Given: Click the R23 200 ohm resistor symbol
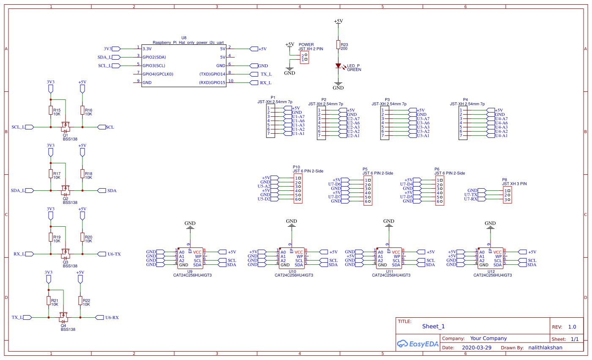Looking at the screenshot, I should tap(338, 45).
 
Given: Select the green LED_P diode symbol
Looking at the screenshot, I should tap(338, 66).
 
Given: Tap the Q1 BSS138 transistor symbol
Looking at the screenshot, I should tap(66, 126).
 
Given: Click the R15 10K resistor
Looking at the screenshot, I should tap(51, 110).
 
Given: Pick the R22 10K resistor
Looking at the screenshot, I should tap(80, 301).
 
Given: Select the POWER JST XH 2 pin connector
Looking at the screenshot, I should tap(304, 58).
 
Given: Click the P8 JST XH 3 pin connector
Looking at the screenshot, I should tap(507, 195).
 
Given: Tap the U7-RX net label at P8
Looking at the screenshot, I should tap(471, 199).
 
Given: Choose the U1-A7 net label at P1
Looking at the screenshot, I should tap(298, 116).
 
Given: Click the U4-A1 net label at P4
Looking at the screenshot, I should tap(501, 135).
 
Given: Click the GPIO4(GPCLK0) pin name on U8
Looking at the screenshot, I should tap(158, 74).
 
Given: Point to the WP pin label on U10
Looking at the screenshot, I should tap(299, 256).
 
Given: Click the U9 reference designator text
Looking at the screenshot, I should tap(189, 271).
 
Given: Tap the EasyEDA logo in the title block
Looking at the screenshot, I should tap(412, 344).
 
